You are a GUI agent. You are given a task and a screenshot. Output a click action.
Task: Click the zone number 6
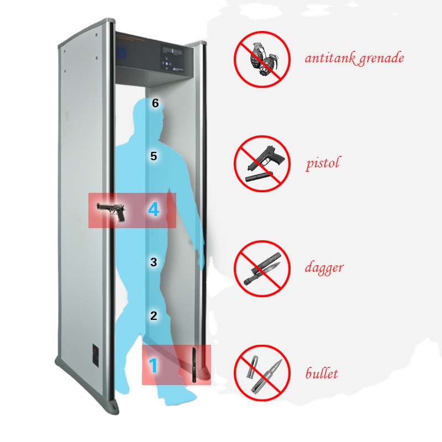[x=155, y=103]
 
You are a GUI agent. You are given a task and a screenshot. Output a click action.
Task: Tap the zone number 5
[x=154, y=156]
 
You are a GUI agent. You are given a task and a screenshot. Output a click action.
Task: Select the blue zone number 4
[x=154, y=210]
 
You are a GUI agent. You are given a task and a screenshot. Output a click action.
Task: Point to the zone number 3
[x=154, y=262]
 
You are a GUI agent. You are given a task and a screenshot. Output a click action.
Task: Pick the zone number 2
[x=154, y=316]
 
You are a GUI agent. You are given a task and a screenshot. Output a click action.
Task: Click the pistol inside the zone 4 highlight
[x=112, y=212]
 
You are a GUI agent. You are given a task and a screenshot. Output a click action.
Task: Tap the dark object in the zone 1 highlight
[x=194, y=364]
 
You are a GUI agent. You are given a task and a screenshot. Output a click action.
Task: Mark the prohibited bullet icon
[x=262, y=372]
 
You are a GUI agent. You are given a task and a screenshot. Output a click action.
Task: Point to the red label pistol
[x=322, y=164]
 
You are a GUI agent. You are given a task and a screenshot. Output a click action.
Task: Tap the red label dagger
[x=324, y=269]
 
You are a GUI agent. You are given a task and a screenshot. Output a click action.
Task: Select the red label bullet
[x=322, y=373]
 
